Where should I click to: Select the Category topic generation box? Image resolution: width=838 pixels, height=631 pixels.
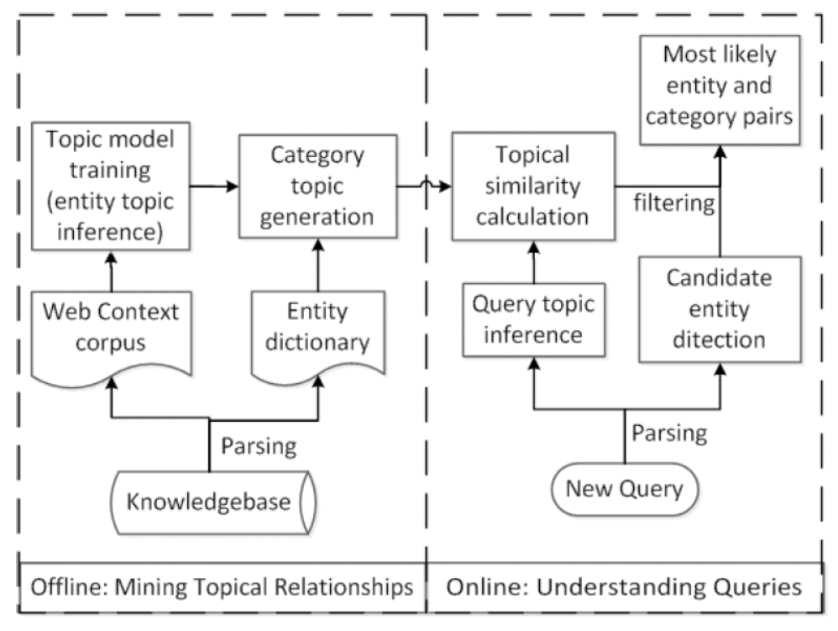pos(317,186)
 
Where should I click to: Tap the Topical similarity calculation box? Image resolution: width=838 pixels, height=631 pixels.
pos(532,186)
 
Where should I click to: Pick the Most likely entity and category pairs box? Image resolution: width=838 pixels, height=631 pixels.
pos(719,87)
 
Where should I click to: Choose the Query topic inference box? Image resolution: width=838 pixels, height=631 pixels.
pos(532,319)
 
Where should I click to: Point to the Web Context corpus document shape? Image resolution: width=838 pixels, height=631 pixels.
pos(110,328)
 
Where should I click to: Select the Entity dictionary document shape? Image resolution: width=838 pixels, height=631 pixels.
pos(317,328)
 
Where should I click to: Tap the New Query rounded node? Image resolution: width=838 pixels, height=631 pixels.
pos(623,488)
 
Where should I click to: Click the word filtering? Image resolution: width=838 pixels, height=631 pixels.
pos(674,203)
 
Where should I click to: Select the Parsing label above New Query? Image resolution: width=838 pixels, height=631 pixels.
pos(670,434)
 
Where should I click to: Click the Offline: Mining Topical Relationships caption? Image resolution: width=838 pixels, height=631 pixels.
pos(222,586)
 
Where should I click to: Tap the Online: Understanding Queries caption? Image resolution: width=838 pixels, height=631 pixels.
pos(624,586)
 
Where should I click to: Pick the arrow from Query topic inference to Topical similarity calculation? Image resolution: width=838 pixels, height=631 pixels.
pos(532,264)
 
